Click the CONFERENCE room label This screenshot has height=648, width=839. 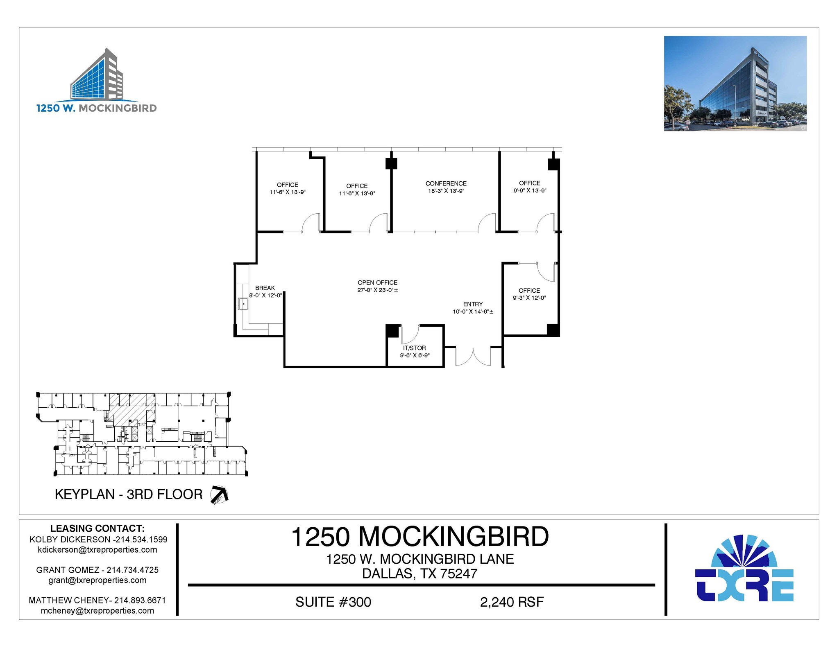point(446,183)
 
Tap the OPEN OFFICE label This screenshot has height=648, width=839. point(377,282)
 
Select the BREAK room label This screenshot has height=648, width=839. point(265,288)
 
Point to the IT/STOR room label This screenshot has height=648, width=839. point(414,348)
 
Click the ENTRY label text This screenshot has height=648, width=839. point(473,304)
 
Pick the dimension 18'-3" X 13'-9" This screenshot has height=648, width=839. point(446,191)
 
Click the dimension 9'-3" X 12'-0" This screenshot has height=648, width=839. point(529,298)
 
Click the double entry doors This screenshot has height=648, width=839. point(473,357)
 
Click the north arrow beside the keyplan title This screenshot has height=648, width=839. point(219,494)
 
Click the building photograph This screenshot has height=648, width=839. point(735,84)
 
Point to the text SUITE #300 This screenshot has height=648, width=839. point(333,602)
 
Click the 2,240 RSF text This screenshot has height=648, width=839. point(512,602)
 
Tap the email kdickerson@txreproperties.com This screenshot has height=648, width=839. point(98,550)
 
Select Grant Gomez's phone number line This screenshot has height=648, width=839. point(98,570)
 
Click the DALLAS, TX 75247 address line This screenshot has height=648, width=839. point(419,573)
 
